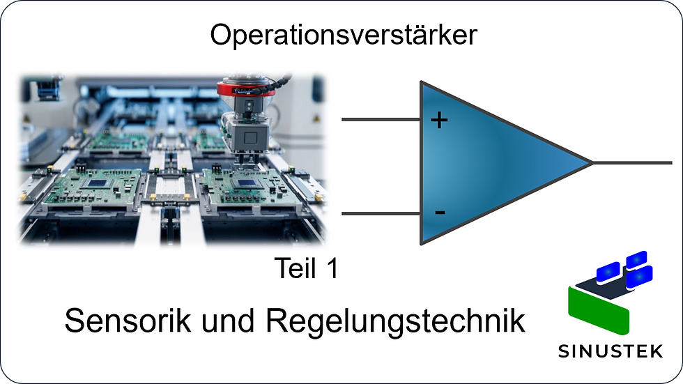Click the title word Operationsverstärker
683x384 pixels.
click(344, 35)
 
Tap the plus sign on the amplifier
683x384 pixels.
click(439, 121)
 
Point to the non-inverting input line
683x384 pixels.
click(380, 119)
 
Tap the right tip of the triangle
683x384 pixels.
click(590, 163)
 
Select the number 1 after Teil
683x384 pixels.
click(331, 269)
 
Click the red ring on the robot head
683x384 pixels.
click(242, 89)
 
